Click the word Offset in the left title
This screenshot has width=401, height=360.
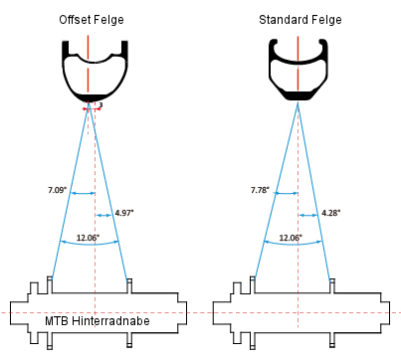(74, 20)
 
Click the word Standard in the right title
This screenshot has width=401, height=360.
(281, 20)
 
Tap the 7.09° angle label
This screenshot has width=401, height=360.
(58, 190)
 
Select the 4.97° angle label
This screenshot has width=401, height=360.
(124, 213)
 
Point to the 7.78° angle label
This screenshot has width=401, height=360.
(261, 190)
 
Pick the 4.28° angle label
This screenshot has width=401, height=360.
(331, 213)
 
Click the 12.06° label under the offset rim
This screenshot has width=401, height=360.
(88, 238)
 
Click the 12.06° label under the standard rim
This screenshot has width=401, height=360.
(291, 238)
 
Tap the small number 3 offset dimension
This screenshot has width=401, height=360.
(100, 105)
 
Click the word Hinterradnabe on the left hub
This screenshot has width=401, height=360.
(110, 321)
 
